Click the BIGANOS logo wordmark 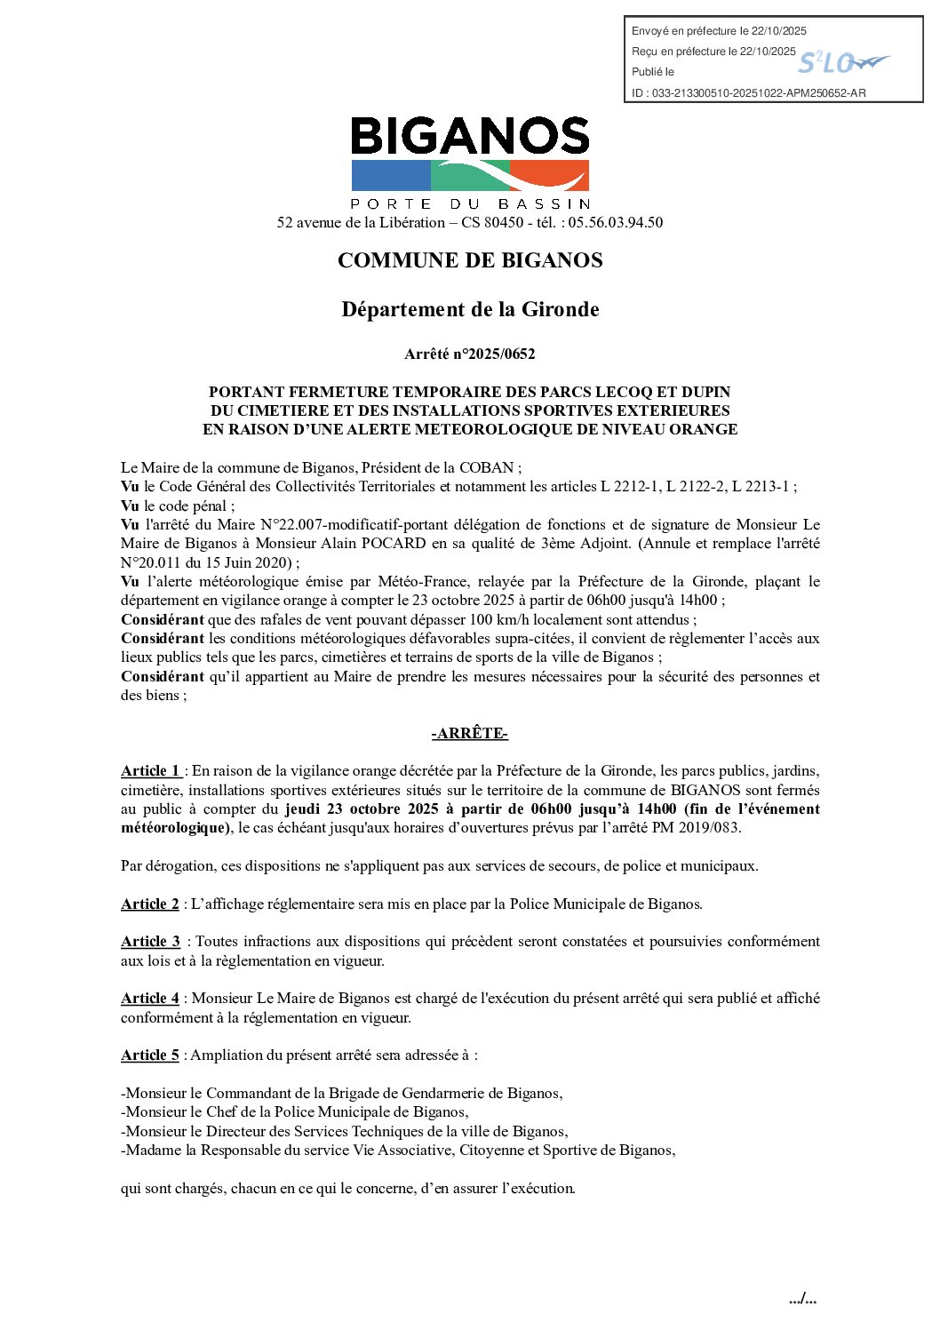(x=470, y=136)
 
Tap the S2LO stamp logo (x=841, y=62)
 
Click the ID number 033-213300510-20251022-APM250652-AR (x=759, y=92)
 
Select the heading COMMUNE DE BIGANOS (x=470, y=260)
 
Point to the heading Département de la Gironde (x=470, y=309)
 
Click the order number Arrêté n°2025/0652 (x=470, y=354)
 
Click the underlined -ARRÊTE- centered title (x=470, y=733)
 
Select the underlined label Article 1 (x=151, y=770)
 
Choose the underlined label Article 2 (x=150, y=904)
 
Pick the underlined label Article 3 (x=150, y=941)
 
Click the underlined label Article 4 (x=150, y=998)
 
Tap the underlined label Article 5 (x=150, y=1055)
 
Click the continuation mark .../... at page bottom (x=802, y=1299)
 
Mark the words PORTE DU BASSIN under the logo (x=470, y=203)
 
